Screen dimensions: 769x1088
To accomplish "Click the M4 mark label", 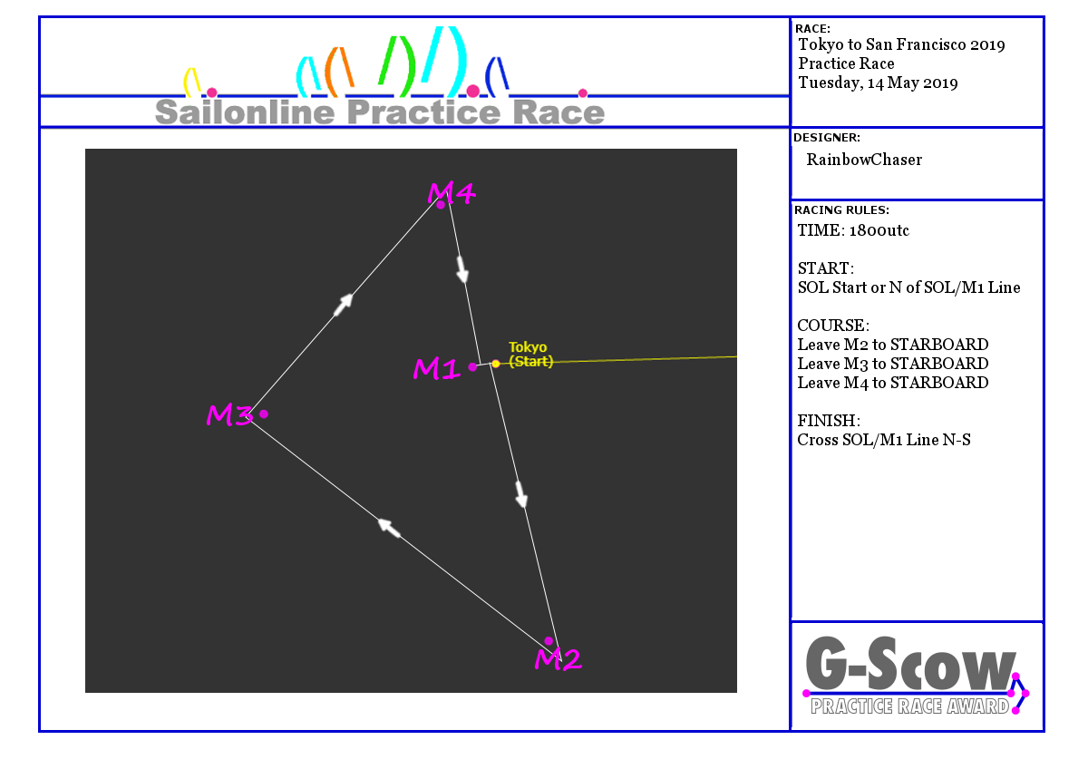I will point(452,192).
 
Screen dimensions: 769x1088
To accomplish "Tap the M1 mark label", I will point(437,368).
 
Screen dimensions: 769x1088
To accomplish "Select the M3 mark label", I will point(228,415).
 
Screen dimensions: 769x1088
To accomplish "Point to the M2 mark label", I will point(558,659).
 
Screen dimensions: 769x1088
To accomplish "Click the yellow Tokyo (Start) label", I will point(530,355).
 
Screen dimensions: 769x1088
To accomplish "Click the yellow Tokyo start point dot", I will point(496,364).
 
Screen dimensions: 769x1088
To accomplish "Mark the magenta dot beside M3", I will point(264,414).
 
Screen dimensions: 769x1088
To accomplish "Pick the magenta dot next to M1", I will point(472,366).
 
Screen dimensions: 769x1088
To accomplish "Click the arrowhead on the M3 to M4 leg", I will point(343,305).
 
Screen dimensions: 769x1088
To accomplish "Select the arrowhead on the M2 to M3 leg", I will point(389,526).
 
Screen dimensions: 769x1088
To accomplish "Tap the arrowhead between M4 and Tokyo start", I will point(462,268).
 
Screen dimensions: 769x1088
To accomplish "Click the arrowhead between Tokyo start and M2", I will point(521,494).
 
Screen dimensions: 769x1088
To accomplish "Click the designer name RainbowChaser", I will point(864,160).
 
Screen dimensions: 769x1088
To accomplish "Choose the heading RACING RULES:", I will point(841,209).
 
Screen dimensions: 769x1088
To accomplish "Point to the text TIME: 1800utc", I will point(853,230).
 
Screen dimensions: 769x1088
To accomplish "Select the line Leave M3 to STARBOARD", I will point(893,364).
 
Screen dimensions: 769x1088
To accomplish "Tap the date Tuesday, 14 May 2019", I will point(878,83).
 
